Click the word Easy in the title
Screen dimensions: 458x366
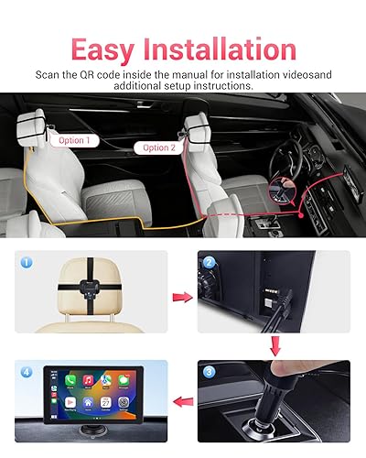click(x=108, y=48)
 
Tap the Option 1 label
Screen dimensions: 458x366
click(x=73, y=140)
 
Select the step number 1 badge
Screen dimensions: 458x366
click(x=26, y=261)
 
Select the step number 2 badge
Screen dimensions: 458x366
click(x=210, y=261)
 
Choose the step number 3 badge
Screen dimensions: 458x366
click(x=210, y=374)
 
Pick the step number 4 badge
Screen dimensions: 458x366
click(x=26, y=374)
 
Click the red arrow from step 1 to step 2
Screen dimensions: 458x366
click(x=183, y=296)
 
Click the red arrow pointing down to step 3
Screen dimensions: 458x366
click(x=274, y=346)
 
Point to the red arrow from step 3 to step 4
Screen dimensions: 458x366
click(x=183, y=398)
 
